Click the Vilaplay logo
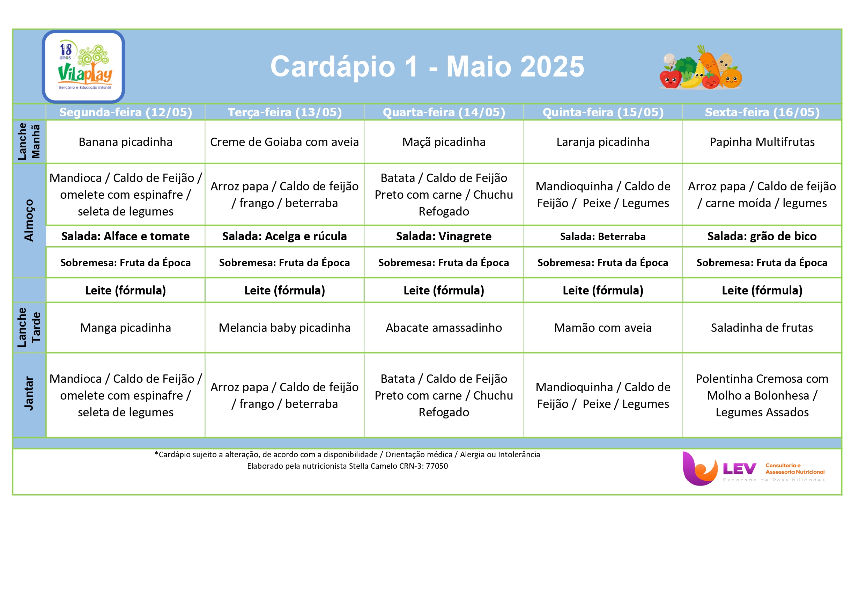point(83,66)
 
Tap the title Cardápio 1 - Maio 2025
point(427,66)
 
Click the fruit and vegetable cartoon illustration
point(700,67)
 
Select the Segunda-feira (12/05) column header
point(126,112)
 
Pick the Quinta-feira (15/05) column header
point(603,112)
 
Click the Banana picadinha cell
point(126,142)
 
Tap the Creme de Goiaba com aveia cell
point(284,142)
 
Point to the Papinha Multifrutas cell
point(762,142)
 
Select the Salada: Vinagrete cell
point(444,236)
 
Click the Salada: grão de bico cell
point(762,236)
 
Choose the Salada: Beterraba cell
point(603,236)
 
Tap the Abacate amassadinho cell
point(444,328)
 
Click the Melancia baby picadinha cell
point(284,328)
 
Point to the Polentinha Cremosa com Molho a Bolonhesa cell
point(762,395)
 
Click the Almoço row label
point(29,220)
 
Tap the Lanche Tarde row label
point(29,327)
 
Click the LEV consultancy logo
point(753,468)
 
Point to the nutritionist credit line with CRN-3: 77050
point(347,466)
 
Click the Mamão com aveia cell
point(603,328)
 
